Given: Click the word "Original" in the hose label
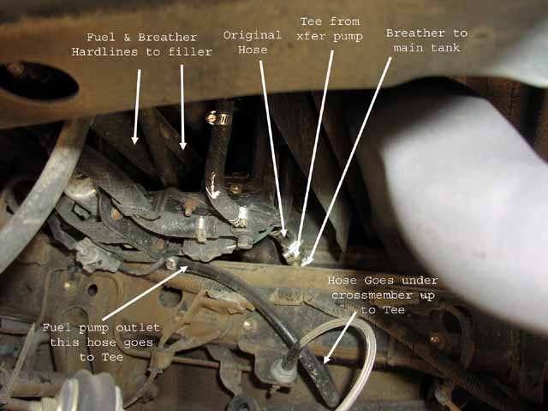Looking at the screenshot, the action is click(x=252, y=36).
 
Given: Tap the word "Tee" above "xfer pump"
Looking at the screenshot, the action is click(x=311, y=21).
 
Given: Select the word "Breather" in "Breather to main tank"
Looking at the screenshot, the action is click(x=415, y=33).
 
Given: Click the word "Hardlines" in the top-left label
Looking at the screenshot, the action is click(x=104, y=52).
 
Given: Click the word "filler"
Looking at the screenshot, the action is click(x=190, y=52).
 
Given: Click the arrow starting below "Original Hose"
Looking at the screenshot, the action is click(x=273, y=148).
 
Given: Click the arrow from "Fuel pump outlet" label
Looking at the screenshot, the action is click(x=145, y=293).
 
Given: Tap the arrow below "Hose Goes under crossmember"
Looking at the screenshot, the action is click(x=339, y=337).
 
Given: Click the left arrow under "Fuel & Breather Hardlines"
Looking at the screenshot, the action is click(x=137, y=106).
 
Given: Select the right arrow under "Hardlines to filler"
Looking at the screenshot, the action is click(x=182, y=107).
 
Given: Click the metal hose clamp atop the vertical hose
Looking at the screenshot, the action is click(x=219, y=118).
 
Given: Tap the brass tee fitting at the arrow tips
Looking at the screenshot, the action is click(x=293, y=251).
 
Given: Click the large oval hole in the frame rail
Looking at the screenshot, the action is click(x=38, y=81).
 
